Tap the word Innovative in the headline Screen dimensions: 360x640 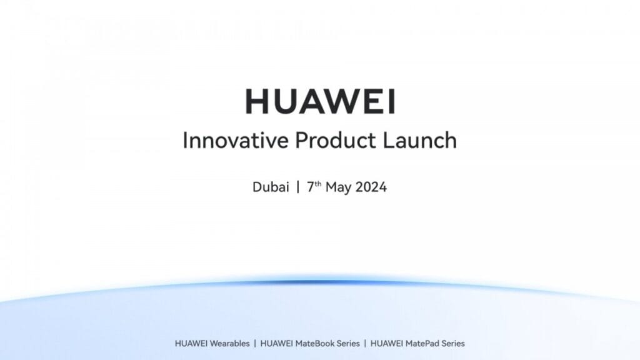coord(226,140)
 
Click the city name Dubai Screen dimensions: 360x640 coord(271,187)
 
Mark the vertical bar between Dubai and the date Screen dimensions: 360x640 coord(298,187)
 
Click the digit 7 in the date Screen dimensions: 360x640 coord(310,187)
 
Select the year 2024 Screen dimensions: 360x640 coord(372,187)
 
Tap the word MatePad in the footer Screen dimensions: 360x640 coord(422,343)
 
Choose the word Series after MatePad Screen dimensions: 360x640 coord(453,343)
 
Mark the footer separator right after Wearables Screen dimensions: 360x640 coord(254,343)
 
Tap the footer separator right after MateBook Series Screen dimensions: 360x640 coord(365,343)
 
